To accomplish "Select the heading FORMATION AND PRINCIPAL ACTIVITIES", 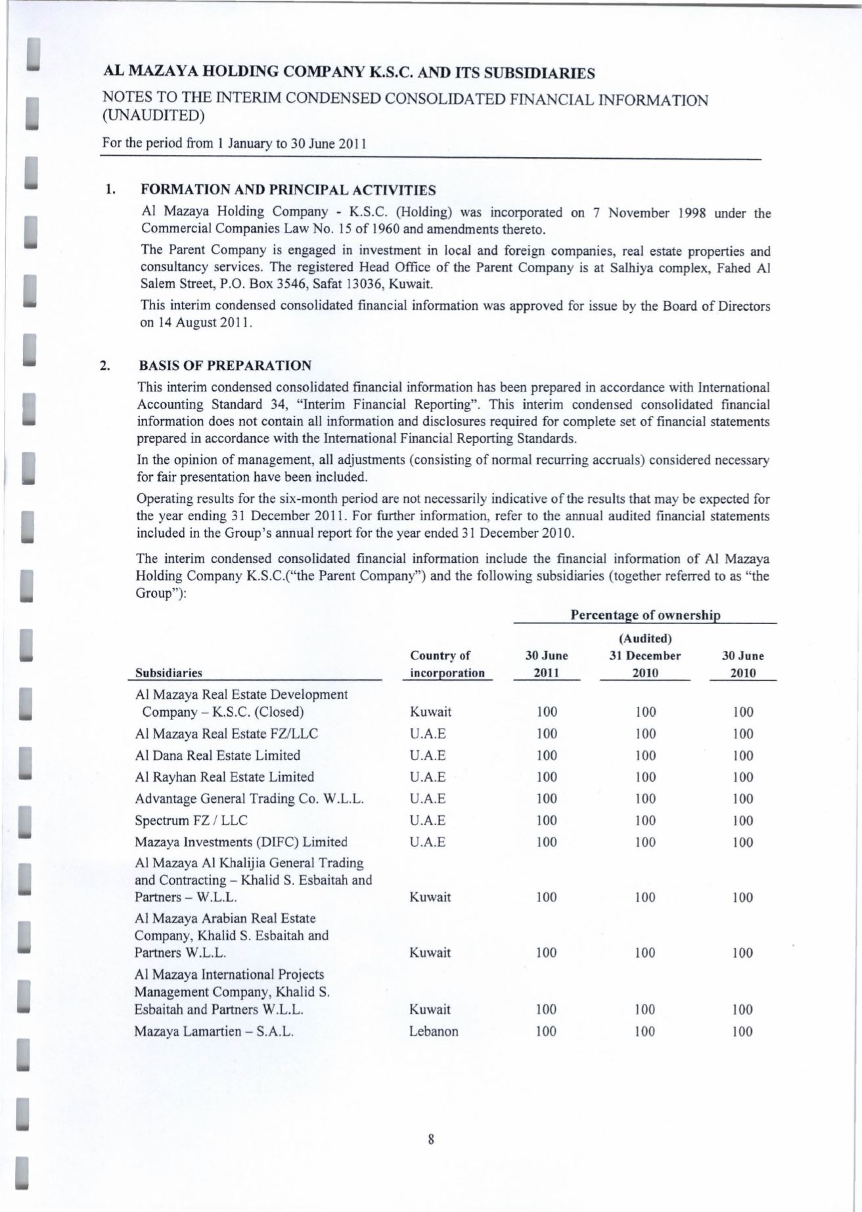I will (288, 191).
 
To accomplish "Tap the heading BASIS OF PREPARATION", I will (226, 365).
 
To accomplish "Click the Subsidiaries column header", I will (168, 673).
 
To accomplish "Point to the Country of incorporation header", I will (447, 664).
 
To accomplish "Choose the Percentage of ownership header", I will (645, 615).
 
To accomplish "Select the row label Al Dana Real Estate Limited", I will (217, 755).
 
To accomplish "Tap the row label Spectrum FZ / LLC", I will (191, 820).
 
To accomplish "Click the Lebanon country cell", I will (434, 1031).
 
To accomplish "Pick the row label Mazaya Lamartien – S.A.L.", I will (214, 1031).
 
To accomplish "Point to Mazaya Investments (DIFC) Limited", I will (241, 842).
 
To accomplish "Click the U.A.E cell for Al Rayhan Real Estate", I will (428, 777).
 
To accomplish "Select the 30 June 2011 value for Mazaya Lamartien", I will (547, 1031).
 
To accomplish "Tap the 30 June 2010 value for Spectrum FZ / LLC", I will (743, 820).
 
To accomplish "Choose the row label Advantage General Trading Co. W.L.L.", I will (250, 799).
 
